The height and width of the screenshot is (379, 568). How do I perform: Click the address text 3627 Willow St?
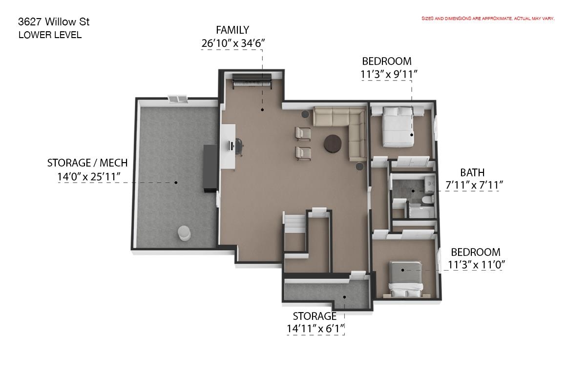click(54, 22)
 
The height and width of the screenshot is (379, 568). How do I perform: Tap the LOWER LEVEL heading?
click(50, 35)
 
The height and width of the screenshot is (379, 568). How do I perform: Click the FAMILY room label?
click(232, 30)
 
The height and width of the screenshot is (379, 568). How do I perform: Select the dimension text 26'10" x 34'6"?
click(233, 43)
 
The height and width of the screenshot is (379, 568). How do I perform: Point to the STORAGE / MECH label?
click(87, 163)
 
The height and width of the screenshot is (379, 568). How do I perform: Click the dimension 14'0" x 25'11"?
click(89, 177)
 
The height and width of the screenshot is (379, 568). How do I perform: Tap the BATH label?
click(472, 172)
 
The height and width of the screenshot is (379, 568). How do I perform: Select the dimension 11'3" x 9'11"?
click(389, 74)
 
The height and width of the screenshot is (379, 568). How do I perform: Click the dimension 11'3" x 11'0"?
click(476, 265)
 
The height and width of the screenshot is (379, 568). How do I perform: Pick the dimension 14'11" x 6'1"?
click(316, 329)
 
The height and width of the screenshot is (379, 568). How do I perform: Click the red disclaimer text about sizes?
click(488, 19)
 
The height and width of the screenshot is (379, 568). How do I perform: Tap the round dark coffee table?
click(333, 144)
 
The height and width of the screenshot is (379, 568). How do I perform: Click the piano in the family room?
click(252, 81)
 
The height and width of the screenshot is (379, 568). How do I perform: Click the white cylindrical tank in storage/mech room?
click(185, 233)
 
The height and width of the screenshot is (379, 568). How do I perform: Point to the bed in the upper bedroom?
click(398, 127)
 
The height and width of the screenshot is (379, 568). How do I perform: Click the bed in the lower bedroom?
click(406, 278)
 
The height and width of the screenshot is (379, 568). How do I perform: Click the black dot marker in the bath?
click(413, 191)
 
